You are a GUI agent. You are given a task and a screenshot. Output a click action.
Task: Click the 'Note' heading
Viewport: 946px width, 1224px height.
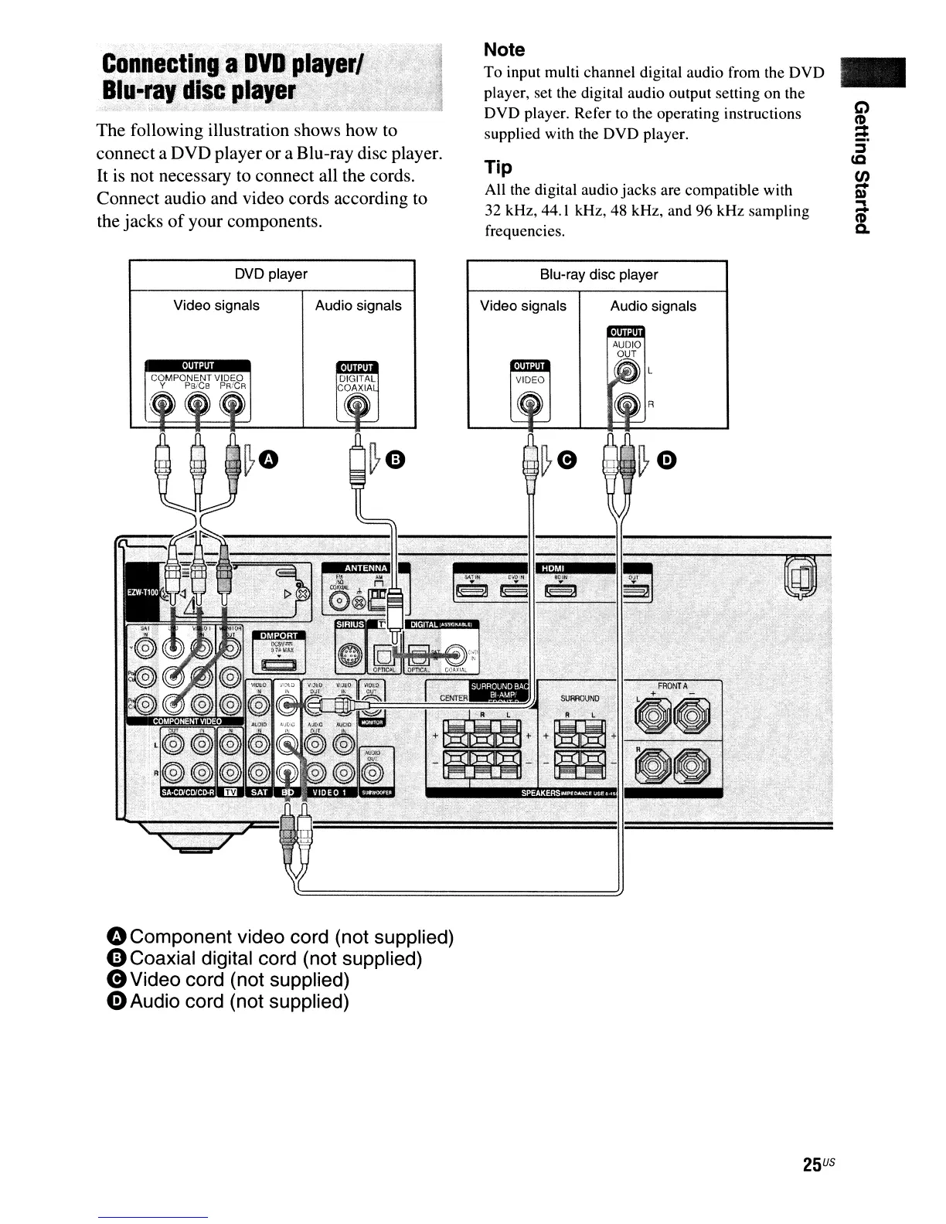click(x=504, y=50)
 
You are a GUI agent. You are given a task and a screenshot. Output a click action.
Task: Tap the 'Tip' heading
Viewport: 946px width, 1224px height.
click(x=499, y=168)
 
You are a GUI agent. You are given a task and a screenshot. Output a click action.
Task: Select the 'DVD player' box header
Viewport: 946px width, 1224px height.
click(x=271, y=274)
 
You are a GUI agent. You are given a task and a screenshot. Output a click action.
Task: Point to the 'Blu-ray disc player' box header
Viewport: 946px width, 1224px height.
click(x=598, y=274)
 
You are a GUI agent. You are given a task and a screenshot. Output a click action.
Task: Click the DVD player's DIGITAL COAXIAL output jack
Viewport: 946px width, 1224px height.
click(x=356, y=404)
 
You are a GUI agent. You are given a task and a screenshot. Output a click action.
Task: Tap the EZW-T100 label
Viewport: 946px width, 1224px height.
click(x=141, y=592)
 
